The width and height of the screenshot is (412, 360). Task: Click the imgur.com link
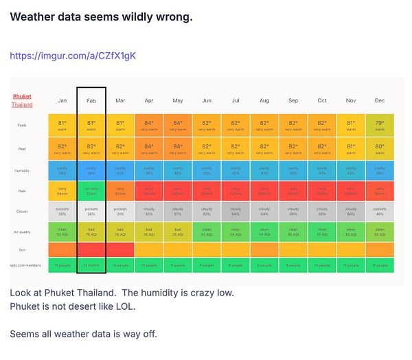pos(73,56)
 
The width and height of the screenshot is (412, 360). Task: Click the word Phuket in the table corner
pos(22,97)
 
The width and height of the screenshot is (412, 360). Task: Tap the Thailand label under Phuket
pos(22,104)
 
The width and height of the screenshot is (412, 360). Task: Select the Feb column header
pos(91,100)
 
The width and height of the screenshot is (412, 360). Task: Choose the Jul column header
pos(236,100)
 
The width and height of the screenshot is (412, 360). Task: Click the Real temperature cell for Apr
pos(149,148)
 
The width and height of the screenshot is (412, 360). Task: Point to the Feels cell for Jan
pos(62,125)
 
